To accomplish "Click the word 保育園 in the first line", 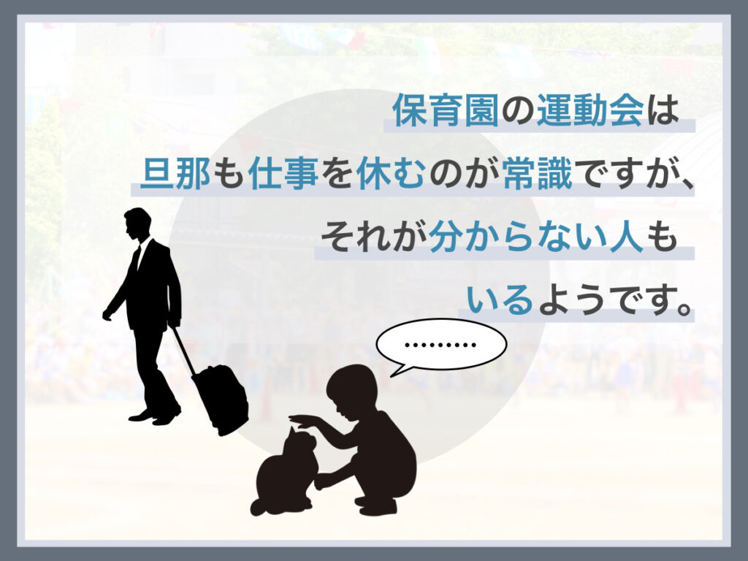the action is coord(446,110).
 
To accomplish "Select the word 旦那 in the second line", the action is coord(176,172).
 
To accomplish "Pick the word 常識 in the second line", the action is coord(537,172).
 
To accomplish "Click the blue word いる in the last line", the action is coord(500,299).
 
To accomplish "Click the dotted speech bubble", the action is coord(440,345).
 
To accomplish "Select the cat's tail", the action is coord(260,506).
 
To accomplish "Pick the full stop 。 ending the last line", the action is coord(684,308).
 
